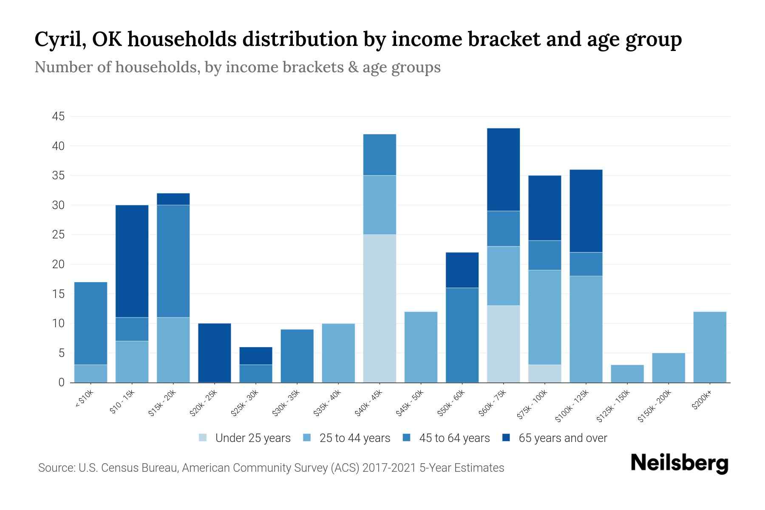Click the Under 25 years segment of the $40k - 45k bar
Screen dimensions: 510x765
380,308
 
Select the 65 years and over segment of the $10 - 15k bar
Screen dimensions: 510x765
132,261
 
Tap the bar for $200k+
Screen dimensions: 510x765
709,347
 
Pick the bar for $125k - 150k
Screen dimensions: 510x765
627,374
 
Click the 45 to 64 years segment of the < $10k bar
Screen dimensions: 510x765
91,323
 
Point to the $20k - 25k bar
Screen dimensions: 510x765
214,353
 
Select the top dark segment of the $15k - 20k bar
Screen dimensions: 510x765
173,199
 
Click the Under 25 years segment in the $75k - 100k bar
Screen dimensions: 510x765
544,374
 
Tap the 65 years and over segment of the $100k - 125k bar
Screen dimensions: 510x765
586,211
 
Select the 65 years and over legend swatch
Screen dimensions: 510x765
506,438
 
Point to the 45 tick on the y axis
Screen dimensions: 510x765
59,116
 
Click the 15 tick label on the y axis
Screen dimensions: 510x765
59,294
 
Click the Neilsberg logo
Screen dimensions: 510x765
679,463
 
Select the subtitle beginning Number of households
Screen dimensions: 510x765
237,67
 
